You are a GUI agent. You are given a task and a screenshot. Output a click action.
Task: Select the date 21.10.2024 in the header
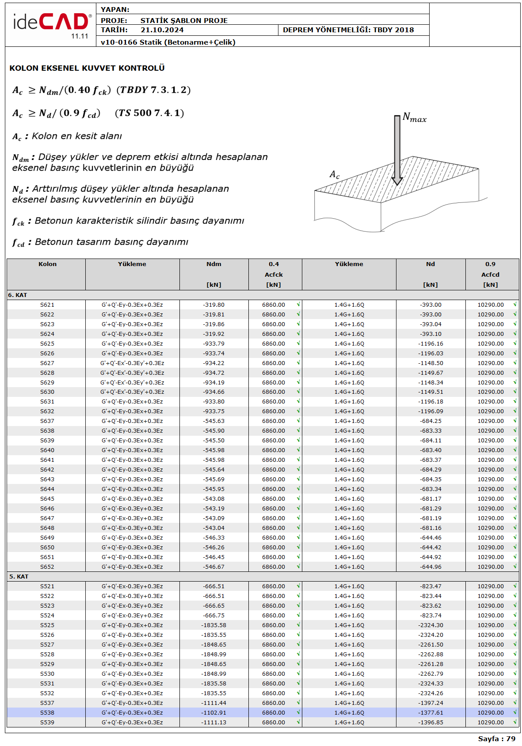point(162,30)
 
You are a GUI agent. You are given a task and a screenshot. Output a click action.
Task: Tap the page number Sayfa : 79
point(496,738)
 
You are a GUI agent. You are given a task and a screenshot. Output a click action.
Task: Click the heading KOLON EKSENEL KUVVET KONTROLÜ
point(87,68)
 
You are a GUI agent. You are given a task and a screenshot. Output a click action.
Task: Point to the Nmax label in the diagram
point(414,118)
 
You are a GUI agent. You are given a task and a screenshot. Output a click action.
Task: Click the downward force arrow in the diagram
point(397,150)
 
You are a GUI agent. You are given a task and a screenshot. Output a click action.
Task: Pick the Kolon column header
point(47,264)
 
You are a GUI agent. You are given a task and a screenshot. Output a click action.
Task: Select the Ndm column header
point(213,264)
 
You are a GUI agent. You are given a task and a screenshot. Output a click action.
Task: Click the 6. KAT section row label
point(18,295)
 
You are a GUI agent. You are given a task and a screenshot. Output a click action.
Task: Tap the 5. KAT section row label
point(19,577)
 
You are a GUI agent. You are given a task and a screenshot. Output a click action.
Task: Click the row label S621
point(47,305)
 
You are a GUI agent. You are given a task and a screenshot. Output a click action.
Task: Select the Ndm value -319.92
point(213,334)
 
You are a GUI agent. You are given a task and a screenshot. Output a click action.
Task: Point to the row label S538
point(47,713)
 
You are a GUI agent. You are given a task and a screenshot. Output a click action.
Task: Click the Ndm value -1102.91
point(213,713)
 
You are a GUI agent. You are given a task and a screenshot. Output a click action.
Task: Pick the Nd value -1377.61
point(431,713)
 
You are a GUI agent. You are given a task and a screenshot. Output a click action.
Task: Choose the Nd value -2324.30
point(431,625)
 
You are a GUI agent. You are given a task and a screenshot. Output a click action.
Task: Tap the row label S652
point(47,567)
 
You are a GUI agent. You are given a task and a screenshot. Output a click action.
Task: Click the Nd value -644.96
point(431,567)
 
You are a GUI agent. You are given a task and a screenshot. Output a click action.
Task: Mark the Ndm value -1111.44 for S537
point(213,703)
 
